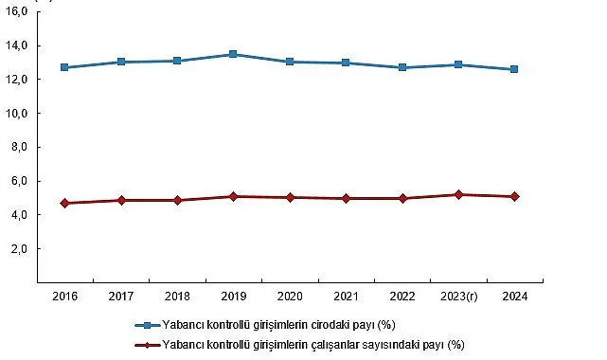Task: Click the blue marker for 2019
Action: click(233, 54)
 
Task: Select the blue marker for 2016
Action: click(64, 67)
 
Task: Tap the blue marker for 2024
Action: click(514, 69)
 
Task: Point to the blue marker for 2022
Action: click(402, 67)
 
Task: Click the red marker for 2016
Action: click(64, 203)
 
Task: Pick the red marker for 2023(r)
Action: click(458, 194)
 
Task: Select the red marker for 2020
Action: click(289, 197)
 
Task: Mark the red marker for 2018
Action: click(177, 200)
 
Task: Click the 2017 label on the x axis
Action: click(120, 297)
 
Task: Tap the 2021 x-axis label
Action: click(346, 297)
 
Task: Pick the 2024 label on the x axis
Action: click(514, 297)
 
